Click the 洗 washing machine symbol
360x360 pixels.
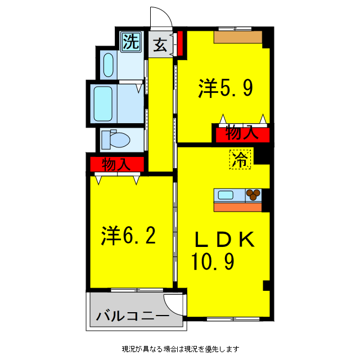click(x=130, y=42)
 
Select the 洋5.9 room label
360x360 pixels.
click(x=225, y=88)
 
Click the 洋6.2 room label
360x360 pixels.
click(x=129, y=236)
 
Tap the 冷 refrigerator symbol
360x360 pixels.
click(x=240, y=160)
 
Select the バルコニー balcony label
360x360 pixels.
click(x=132, y=316)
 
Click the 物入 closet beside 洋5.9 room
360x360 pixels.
click(x=241, y=134)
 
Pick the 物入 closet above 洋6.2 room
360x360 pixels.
click(x=117, y=165)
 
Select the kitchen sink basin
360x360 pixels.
click(x=226, y=195)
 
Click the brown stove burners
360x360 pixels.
click(x=254, y=195)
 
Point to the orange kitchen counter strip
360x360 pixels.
click(x=237, y=206)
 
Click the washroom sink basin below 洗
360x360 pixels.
click(x=109, y=65)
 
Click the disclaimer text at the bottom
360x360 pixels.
click(x=181, y=348)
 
